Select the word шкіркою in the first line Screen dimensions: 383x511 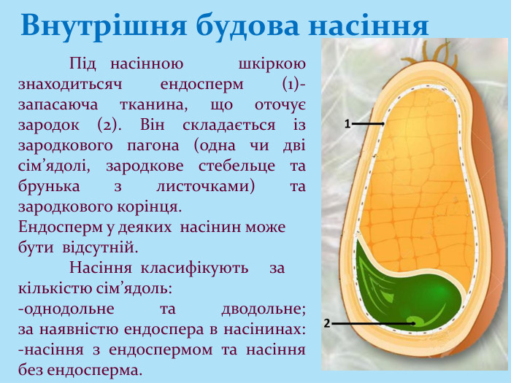coord(272,64)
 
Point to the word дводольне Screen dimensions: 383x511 coord(262,309)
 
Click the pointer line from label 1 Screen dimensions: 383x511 coord(369,125)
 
